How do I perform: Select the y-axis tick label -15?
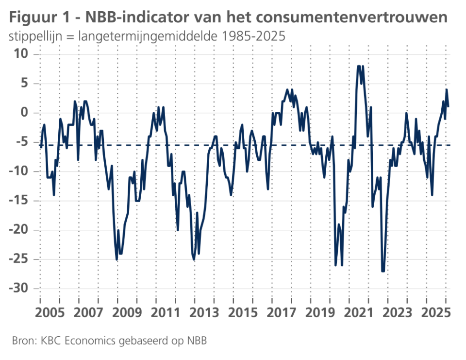pos(22,201)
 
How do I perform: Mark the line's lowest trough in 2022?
pos(383,271)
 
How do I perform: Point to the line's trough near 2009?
pos(116,259)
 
